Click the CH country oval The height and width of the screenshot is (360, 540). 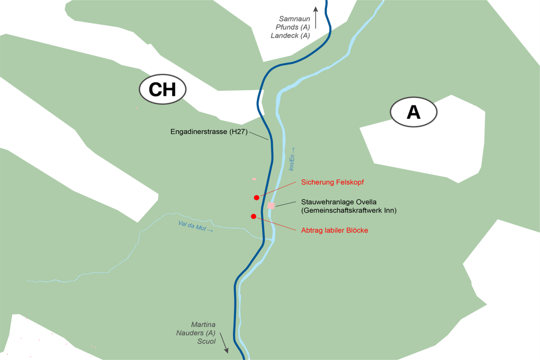coord(162,90)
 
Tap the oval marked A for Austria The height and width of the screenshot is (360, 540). coord(414,112)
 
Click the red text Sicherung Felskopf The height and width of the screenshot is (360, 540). coord(332,182)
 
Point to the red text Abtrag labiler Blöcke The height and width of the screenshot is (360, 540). coord(334,230)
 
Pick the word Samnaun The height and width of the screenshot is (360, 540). coord(295,19)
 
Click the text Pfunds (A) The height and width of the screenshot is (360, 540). coord(293,27)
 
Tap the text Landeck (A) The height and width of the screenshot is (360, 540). coord(290,36)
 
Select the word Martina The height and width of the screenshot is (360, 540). coord(203,324)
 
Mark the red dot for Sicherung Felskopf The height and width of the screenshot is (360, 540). coord(256,198)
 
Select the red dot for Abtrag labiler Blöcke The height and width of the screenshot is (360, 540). coord(253,216)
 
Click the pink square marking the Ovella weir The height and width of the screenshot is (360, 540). coord(271,206)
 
